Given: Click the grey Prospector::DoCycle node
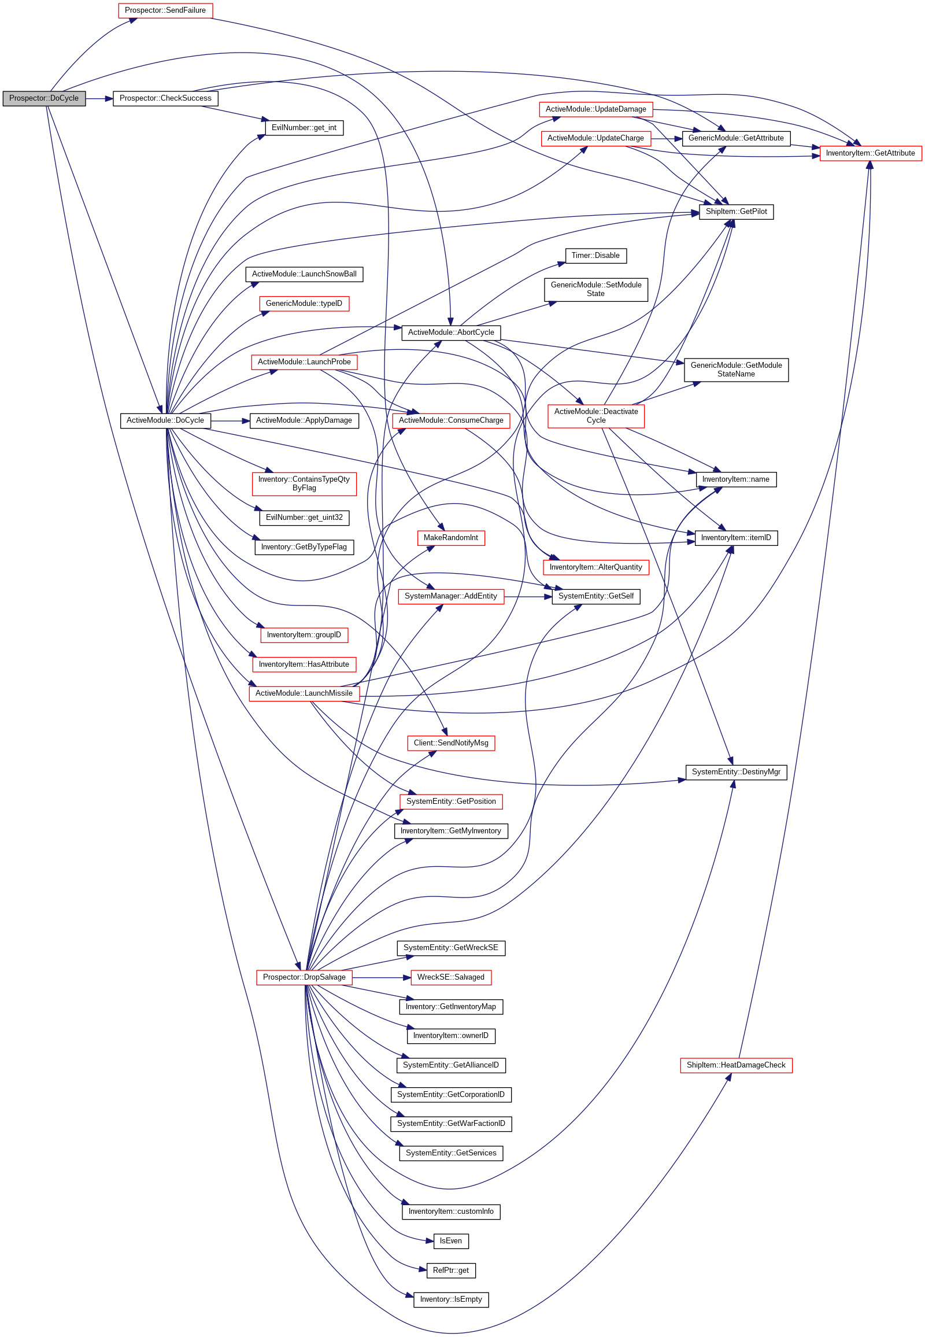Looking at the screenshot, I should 44,98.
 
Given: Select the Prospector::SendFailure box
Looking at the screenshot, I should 165,10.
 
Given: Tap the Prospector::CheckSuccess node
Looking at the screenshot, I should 165,98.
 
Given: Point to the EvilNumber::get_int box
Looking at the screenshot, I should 304,128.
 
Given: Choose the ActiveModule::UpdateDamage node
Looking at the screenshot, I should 595,109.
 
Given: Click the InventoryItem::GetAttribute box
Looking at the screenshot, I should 870,153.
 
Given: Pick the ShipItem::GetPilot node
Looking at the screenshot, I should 735,212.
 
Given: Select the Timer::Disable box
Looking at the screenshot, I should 595,256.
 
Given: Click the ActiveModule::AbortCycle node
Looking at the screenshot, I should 451,332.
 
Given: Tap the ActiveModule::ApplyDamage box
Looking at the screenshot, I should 304,420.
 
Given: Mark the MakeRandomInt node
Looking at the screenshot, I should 450,538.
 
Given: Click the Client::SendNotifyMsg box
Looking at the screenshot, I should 450,743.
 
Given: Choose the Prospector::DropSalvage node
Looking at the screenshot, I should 304,977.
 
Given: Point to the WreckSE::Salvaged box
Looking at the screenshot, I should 450,977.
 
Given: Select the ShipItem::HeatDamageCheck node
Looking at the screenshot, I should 735,1065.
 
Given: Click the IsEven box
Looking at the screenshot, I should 450,1241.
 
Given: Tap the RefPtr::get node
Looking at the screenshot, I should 450,1270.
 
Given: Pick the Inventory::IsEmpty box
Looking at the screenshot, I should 450,1299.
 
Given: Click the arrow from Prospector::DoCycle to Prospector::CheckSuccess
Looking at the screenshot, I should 99,98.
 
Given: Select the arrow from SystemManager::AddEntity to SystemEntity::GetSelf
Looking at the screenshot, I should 527,597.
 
